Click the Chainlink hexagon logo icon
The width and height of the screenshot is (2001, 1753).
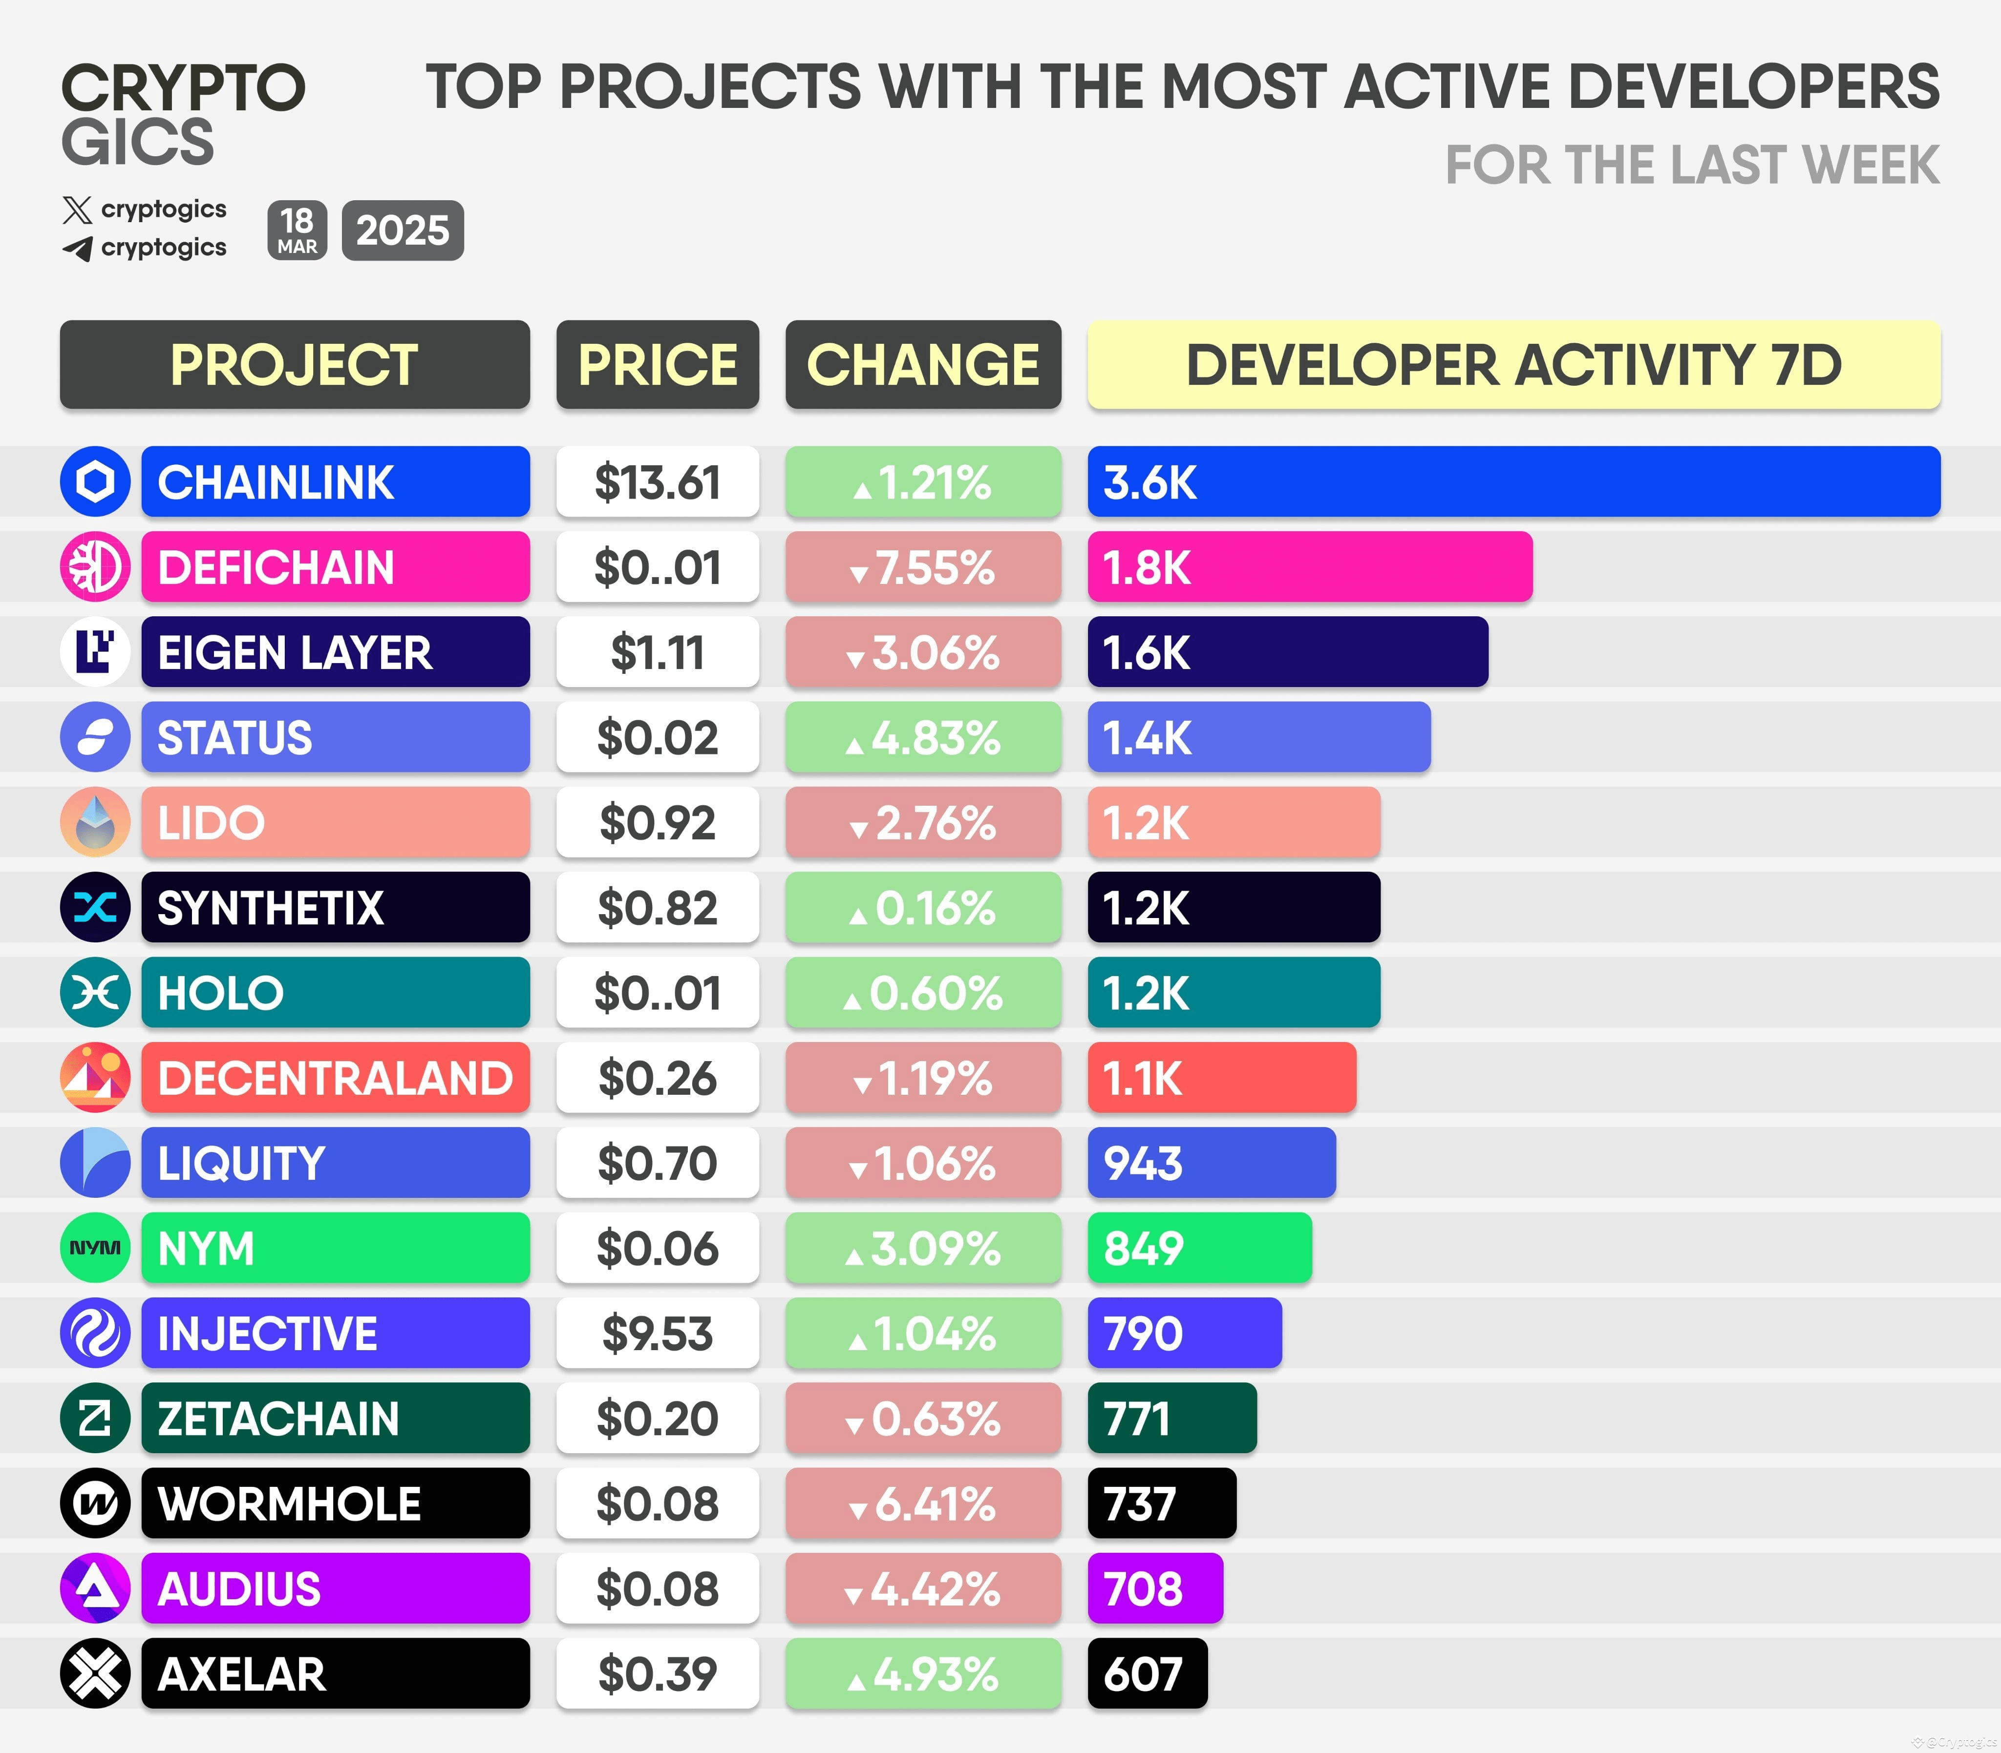[95, 481]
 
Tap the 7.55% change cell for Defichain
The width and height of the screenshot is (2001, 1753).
[923, 567]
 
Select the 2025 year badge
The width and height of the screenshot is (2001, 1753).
[402, 231]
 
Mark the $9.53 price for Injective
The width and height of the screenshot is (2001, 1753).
[658, 1334]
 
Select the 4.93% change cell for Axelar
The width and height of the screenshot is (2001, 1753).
[923, 1674]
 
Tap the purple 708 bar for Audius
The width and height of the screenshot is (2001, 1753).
[1154, 1588]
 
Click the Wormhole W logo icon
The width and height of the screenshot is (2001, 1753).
[95, 1503]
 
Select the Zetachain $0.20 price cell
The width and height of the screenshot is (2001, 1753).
[658, 1419]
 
